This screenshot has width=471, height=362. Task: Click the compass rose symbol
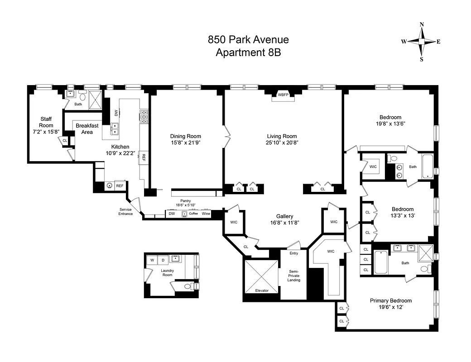click(421, 41)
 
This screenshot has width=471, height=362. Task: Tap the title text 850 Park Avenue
click(248, 39)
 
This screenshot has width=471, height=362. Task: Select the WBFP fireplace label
click(283, 95)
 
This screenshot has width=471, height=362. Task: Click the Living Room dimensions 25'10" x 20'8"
click(282, 143)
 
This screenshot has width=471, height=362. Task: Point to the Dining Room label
click(186, 136)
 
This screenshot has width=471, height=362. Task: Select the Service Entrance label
click(126, 211)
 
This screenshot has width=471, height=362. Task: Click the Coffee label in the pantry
click(193, 214)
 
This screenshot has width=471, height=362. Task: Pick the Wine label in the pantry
click(206, 214)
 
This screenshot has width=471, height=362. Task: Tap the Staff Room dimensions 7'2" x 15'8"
click(46, 132)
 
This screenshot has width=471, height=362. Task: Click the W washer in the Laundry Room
click(152, 260)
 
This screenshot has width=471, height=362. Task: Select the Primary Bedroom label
click(390, 301)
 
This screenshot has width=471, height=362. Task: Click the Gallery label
click(285, 216)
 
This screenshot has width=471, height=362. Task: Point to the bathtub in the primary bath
click(381, 263)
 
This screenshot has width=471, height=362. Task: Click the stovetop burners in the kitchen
click(144, 117)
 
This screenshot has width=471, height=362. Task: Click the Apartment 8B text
click(248, 52)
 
